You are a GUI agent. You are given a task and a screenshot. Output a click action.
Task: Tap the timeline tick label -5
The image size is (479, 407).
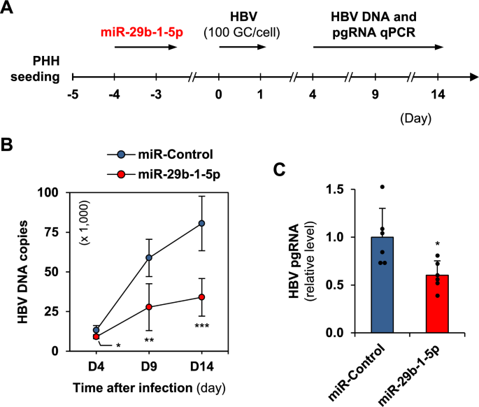tap(72, 95)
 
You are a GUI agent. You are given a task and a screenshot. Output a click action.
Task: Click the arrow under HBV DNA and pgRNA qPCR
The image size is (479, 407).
tap(378, 48)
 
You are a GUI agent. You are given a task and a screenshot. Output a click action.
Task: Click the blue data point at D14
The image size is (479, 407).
tap(202, 223)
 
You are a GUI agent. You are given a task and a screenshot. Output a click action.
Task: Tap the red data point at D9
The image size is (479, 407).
tap(149, 307)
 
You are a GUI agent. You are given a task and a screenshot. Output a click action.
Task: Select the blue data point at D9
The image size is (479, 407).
tap(149, 257)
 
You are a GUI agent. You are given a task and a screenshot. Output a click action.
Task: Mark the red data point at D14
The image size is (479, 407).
tap(202, 297)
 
